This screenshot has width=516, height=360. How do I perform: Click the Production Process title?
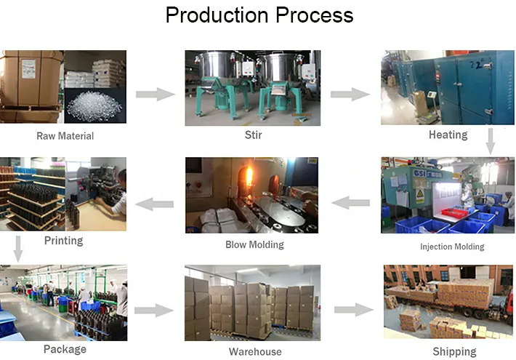tap(259, 15)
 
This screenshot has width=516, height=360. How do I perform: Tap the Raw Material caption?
tap(65, 135)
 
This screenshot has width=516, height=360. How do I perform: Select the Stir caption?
tap(253, 135)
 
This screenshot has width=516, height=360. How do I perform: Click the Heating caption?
tap(448, 135)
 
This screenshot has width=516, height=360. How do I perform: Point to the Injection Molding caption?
tap(452, 247)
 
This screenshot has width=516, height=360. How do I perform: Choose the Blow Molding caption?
tap(254, 244)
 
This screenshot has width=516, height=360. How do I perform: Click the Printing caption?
tap(64, 241)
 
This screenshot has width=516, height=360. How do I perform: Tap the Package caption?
tap(65, 349)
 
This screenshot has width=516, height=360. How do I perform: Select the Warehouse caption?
tap(255, 352)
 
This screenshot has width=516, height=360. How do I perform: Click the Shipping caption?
tap(454, 352)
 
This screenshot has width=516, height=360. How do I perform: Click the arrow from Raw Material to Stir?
tap(156, 94)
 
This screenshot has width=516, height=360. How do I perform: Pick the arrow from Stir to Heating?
tap(350, 94)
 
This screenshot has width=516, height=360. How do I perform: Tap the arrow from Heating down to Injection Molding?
tap(491, 140)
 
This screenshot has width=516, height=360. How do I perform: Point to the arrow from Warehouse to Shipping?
tap(352, 310)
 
